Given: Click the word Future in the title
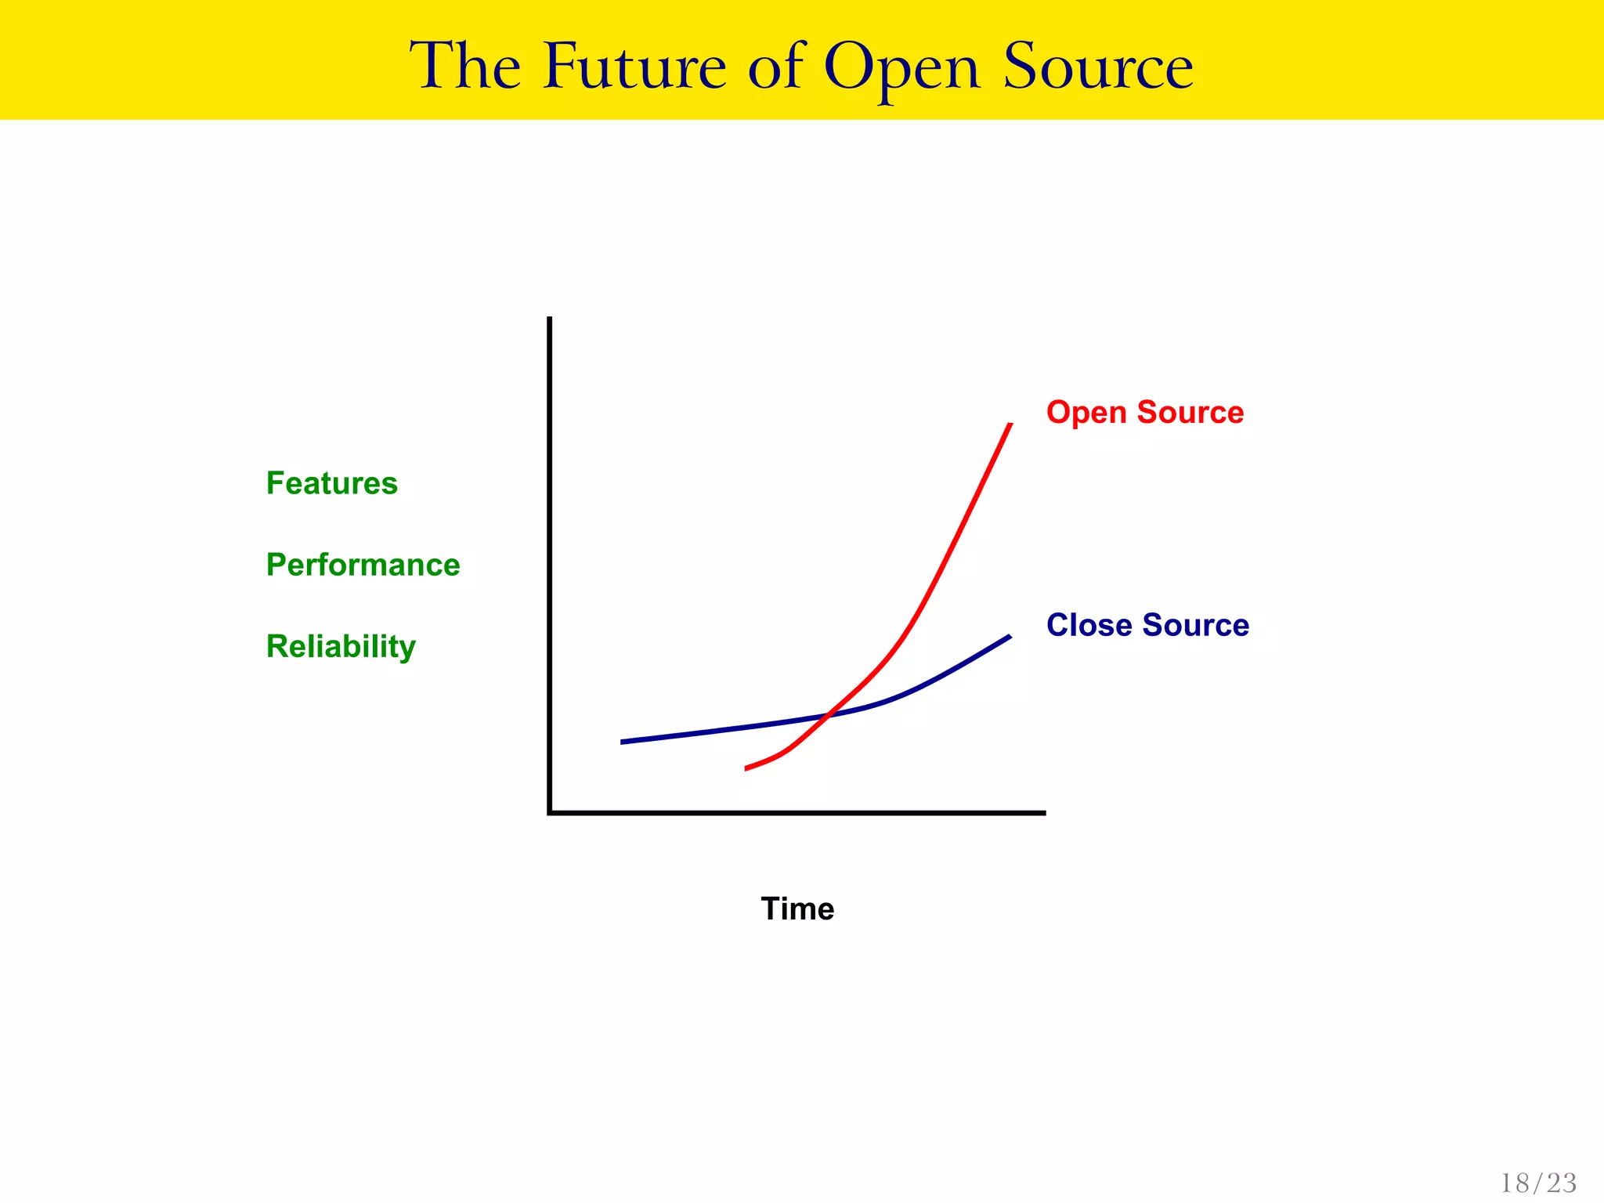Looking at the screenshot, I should pos(635,67).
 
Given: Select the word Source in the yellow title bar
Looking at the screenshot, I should pos(1098,67).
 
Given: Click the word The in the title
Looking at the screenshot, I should pos(466,67).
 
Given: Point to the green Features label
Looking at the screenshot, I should pos(332,483).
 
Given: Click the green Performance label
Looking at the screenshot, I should pos(363,565).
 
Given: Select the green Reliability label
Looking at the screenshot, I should pos(341,647).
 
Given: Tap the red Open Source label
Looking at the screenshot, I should pos(1145,412).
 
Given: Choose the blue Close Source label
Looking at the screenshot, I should pos(1147,625).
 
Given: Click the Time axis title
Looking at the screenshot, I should pos(797,909).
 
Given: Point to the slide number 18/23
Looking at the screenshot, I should pos(1538,1183).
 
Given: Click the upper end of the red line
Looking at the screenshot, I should pos(1010,424).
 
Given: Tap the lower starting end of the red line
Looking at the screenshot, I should pos(746,768).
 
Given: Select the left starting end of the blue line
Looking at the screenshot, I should pos(622,742).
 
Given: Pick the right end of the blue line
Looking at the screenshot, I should pos(1010,637).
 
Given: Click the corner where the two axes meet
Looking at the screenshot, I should pos(550,812).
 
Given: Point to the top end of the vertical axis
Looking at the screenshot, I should pos(550,319).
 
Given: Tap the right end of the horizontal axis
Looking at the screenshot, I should pos(1044,813).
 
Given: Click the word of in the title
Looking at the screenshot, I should pos(775,67).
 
